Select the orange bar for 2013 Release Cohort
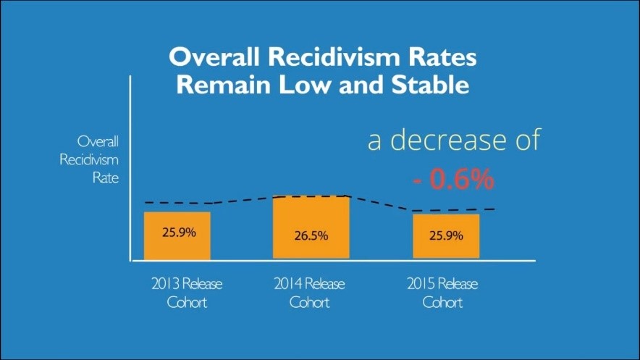[x=177, y=236]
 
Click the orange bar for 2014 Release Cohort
[x=311, y=227]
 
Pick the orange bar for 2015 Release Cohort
[x=446, y=237]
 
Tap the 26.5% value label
[x=311, y=235]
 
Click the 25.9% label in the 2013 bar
[x=177, y=233]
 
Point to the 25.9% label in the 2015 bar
[x=447, y=235]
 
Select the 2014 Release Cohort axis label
[x=310, y=292]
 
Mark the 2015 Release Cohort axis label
[x=442, y=292]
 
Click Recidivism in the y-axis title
[x=89, y=159]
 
